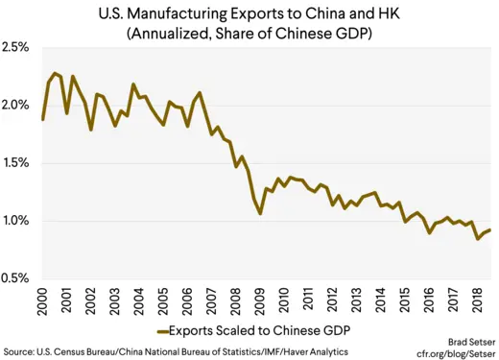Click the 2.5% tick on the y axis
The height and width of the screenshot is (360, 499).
click(x=18, y=47)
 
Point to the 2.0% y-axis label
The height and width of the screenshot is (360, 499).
click(x=18, y=105)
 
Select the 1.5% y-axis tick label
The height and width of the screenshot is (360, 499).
click(x=18, y=163)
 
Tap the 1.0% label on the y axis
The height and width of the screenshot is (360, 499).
click(x=18, y=221)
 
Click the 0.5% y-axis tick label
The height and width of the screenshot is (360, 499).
click(x=18, y=278)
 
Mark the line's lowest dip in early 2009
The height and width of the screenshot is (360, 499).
click(x=260, y=213)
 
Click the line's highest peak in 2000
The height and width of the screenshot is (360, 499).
click(x=56, y=73)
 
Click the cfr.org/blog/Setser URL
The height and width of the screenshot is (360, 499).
click(x=452, y=353)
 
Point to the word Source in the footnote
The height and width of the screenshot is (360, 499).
click(x=21, y=352)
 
